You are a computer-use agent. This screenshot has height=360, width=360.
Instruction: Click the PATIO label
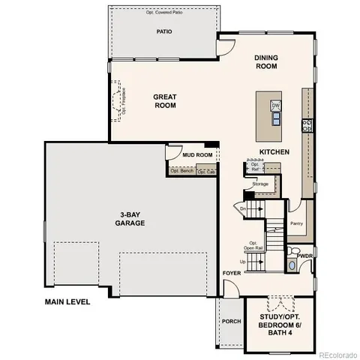(x=163, y=32)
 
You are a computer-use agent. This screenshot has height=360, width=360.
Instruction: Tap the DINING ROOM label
(x=265, y=61)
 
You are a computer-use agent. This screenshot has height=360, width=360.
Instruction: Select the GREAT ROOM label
(x=164, y=100)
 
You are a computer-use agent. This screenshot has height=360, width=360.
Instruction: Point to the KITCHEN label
(x=274, y=152)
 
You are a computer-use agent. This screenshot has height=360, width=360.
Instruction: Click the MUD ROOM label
(x=198, y=155)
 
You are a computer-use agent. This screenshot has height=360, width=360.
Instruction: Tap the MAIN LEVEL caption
(x=67, y=302)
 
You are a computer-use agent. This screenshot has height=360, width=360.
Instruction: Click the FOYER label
(x=231, y=273)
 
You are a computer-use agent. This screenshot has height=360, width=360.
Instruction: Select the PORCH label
(x=231, y=321)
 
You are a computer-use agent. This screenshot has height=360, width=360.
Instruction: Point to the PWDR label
(x=304, y=256)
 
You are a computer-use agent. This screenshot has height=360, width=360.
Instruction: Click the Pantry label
(x=296, y=223)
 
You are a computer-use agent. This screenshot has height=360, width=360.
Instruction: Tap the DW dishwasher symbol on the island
(x=275, y=105)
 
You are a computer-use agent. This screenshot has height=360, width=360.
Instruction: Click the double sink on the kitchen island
(x=275, y=117)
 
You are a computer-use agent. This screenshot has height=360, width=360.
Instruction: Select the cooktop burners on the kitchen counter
(x=306, y=125)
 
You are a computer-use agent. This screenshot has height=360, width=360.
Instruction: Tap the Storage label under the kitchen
(x=260, y=183)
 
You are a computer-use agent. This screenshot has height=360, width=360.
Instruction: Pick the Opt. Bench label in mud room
(x=181, y=171)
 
